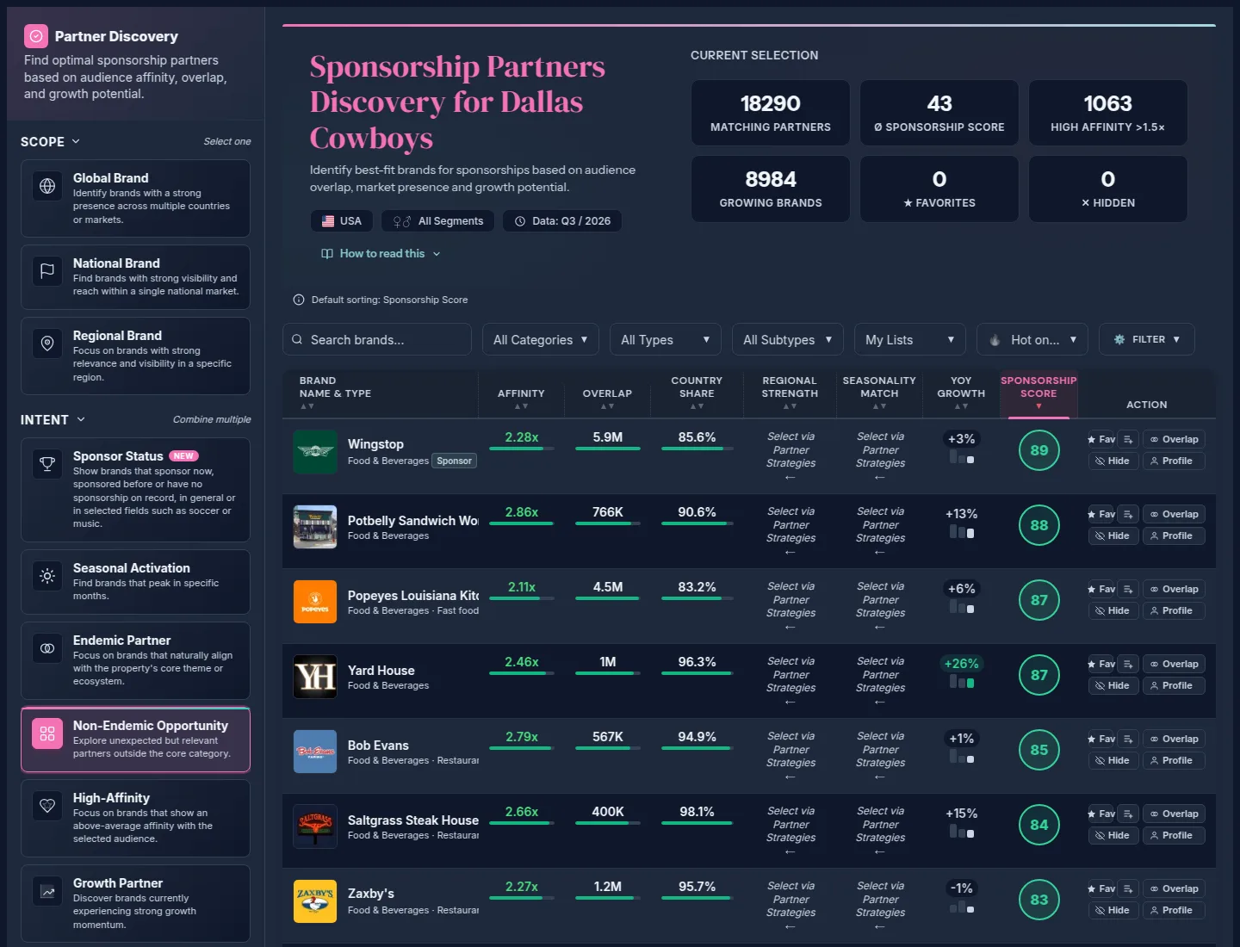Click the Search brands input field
(x=377, y=339)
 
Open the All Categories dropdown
(x=540, y=339)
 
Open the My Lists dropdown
(x=909, y=339)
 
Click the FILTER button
(x=1146, y=339)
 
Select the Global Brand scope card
(x=135, y=198)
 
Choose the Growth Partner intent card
(x=135, y=903)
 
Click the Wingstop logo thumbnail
(x=314, y=452)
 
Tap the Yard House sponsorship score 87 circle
(x=1038, y=675)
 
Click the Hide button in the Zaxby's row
(x=1113, y=910)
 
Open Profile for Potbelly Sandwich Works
(x=1174, y=535)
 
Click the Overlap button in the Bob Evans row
(x=1174, y=740)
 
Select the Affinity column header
(x=521, y=393)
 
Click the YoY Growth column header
(x=960, y=387)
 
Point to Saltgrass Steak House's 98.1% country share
(x=697, y=812)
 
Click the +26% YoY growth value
(x=960, y=664)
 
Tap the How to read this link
(x=381, y=254)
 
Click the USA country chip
(x=341, y=221)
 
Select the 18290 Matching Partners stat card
(x=770, y=113)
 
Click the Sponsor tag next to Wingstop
(x=454, y=461)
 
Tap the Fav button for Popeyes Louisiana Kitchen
(x=1101, y=590)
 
